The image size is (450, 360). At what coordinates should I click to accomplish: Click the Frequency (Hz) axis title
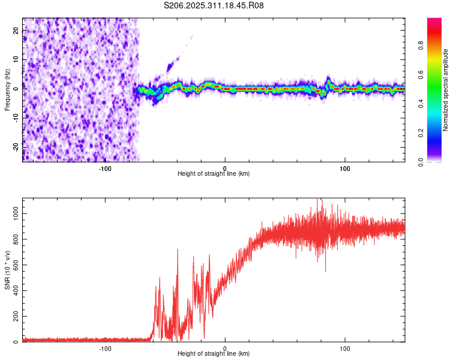tap(7, 90)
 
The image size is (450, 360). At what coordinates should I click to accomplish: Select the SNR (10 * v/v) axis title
tap(7, 270)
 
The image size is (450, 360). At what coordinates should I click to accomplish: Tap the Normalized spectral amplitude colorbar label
tap(445, 90)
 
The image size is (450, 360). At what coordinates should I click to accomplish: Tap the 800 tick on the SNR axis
tap(14, 239)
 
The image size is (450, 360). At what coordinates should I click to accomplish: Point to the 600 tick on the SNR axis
tap(14, 265)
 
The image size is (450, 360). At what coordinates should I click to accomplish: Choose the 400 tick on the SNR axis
tap(14, 291)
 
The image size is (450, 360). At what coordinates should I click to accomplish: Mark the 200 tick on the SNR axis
tap(14, 317)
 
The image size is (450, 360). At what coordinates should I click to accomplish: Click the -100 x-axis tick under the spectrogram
tap(105, 168)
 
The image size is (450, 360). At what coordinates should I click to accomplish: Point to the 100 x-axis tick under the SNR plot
tap(346, 348)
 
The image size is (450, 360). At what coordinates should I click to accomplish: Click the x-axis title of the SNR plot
tap(214, 354)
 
